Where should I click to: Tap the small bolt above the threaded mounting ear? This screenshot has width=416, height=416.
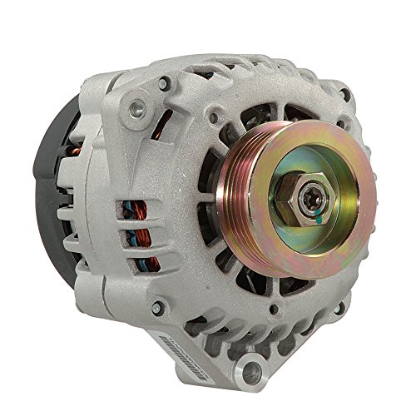pyautogui.click(x=166, y=82)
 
